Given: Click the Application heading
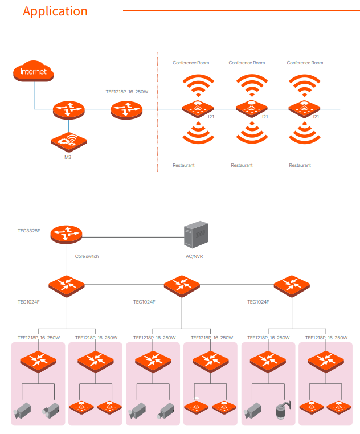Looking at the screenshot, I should (x=55, y=11).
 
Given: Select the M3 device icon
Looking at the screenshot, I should (x=67, y=141).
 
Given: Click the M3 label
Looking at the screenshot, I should (x=67, y=157).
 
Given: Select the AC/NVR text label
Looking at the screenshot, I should (x=194, y=256).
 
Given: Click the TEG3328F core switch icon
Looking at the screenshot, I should (x=66, y=233).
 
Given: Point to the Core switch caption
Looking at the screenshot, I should (x=87, y=256).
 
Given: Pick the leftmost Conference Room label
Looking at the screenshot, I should (x=191, y=63).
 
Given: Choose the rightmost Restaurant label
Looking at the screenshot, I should (x=300, y=165).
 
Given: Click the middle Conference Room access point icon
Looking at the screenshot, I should (x=251, y=106).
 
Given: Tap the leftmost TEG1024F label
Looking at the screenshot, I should (x=28, y=301).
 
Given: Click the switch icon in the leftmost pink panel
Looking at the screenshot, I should (x=38, y=361).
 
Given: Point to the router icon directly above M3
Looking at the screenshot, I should (x=68, y=109).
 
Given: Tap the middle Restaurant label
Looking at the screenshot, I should (x=242, y=165).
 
